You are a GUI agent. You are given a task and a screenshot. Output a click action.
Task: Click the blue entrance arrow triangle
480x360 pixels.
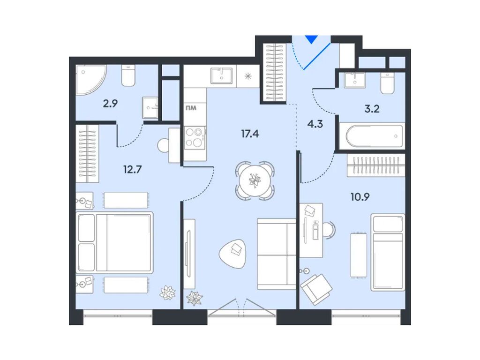point(311,39)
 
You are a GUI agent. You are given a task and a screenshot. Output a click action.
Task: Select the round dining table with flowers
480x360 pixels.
point(255,180)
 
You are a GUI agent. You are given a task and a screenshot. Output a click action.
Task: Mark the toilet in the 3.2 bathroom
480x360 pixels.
point(388,83)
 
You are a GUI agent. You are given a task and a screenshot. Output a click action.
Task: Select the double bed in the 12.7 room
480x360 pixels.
point(115,243)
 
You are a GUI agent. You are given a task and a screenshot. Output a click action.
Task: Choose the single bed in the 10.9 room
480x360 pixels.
point(388,252)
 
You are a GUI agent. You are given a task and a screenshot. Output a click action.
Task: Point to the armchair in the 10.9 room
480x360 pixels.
point(316,287)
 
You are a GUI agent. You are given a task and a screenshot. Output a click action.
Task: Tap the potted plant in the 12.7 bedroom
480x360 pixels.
point(167,293)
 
